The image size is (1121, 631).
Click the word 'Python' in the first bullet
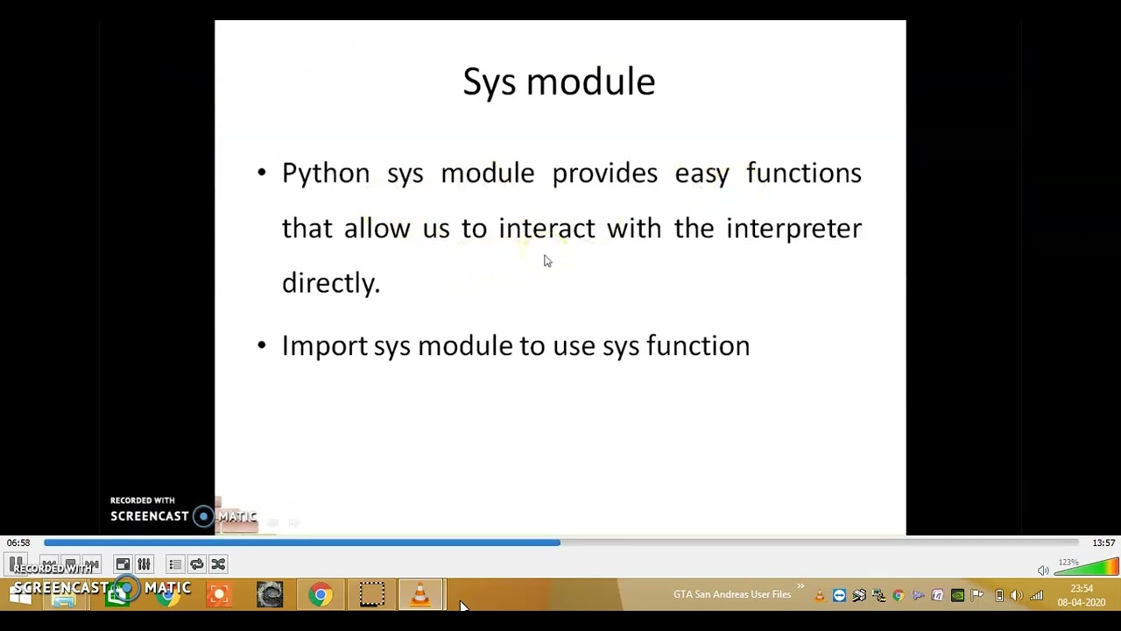[325, 174]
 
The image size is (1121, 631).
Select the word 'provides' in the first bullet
[604, 174]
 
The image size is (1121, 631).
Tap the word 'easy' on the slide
[702, 174]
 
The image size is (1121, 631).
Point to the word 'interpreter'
[793, 229]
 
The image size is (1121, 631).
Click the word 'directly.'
[331, 283]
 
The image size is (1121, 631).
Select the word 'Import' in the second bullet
[324, 346]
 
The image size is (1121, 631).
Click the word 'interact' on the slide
[546, 229]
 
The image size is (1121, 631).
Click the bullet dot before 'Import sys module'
[262, 345]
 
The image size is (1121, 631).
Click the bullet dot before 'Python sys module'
[262, 173]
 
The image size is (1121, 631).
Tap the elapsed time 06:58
[18, 543]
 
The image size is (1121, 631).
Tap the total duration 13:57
[1103, 543]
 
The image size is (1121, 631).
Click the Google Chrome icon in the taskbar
[321, 596]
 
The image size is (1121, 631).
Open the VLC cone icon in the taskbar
[420, 595]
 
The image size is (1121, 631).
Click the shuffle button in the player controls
[218, 564]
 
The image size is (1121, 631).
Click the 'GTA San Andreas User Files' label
[731, 595]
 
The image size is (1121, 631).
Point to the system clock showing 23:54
[1081, 589]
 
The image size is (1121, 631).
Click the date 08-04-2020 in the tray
[1081, 603]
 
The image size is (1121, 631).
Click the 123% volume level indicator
[1068, 563]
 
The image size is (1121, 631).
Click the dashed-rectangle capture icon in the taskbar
[371, 595]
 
